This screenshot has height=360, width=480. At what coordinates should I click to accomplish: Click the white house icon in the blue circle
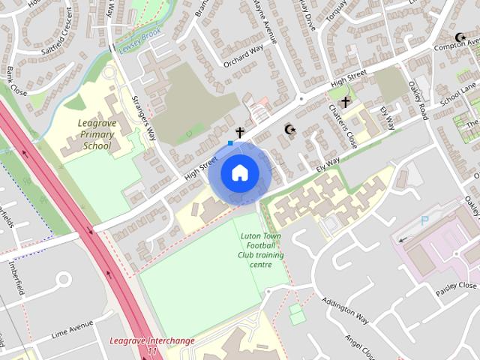(x=240, y=172)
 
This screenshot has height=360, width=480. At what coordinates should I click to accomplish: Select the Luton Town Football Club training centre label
(x=262, y=250)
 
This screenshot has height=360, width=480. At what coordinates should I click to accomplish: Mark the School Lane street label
(x=458, y=94)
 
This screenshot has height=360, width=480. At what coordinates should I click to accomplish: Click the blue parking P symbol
(x=425, y=221)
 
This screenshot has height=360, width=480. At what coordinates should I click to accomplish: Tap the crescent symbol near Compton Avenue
(x=460, y=37)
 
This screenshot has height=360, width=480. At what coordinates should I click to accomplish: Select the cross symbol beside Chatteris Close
(x=345, y=102)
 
